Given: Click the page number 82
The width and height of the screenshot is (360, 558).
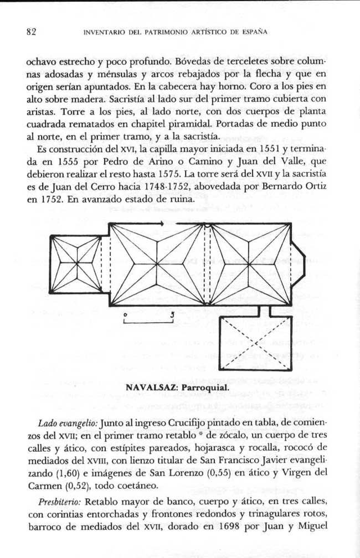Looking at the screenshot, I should click(31, 32).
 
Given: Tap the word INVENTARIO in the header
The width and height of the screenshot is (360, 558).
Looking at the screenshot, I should click(104, 32).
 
